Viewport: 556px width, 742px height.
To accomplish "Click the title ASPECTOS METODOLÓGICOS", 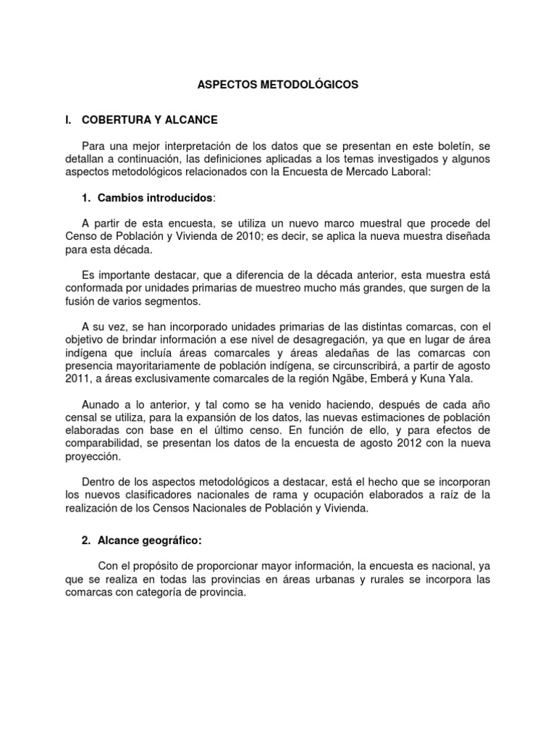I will (278, 85).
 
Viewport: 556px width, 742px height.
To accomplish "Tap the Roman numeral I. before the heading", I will (69, 118).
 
